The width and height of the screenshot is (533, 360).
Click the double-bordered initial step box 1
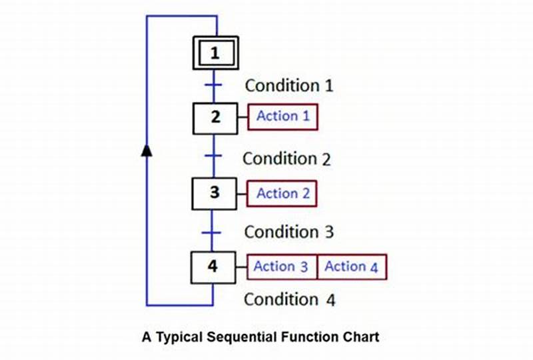point(215,53)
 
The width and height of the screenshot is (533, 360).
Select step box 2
point(215,117)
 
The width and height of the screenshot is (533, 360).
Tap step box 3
point(215,193)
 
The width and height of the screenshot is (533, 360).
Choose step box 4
point(213,267)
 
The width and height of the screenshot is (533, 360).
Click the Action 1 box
point(283,117)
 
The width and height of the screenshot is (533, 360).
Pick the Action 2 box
point(282,194)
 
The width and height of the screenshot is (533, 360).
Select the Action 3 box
point(281,267)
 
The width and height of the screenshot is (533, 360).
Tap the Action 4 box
point(351,267)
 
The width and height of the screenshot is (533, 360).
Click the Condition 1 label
point(289,85)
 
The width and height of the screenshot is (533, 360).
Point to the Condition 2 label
point(286,159)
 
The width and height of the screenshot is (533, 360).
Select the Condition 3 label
point(288,232)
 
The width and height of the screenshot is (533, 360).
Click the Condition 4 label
point(289,299)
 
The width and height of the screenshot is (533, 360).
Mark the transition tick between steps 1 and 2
point(213,85)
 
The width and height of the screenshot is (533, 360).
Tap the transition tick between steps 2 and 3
point(213,155)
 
